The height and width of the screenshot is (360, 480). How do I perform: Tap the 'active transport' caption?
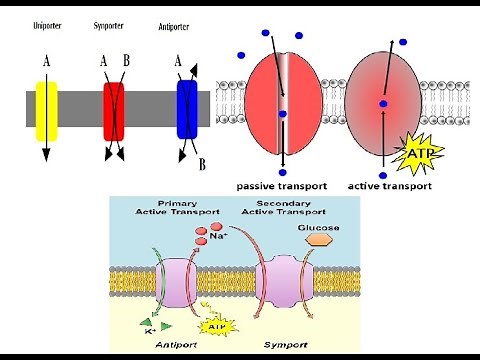(389, 186)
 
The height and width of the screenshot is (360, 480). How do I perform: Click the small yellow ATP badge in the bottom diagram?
(212, 325)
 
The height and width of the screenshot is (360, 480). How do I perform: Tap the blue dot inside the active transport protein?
(382, 104)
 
